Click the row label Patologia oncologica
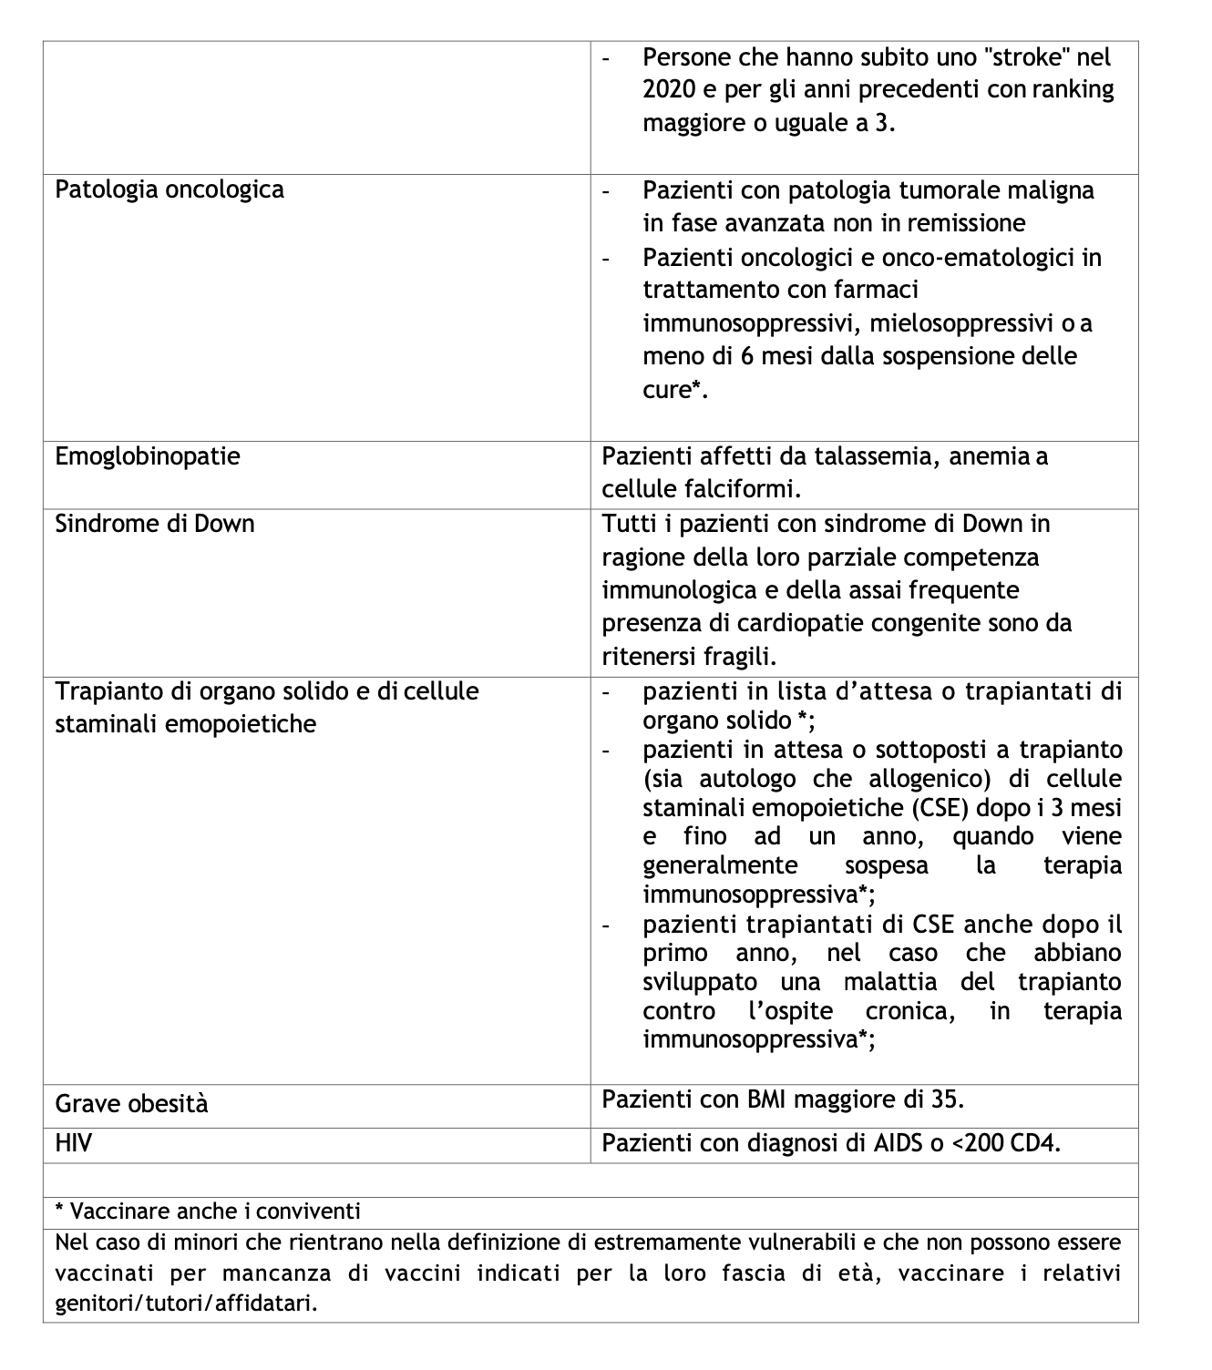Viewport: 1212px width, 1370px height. click(x=169, y=190)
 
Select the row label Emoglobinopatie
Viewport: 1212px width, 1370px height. click(x=148, y=456)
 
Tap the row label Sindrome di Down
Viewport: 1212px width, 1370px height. click(x=155, y=524)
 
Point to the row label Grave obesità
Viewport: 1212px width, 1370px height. click(x=131, y=1104)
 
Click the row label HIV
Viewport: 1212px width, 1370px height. click(x=74, y=1143)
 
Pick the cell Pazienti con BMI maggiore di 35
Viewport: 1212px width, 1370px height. click(x=782, y=1099)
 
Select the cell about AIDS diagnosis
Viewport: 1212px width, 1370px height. click(x=831, y=1143)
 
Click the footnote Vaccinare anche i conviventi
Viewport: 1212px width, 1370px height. click(x=208, y=1212)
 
